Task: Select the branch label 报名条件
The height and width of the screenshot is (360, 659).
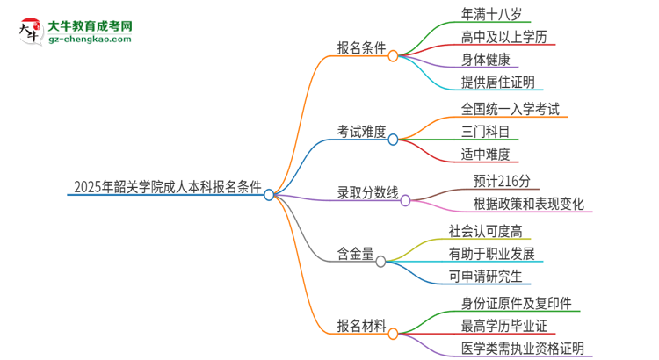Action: tap(361, 49)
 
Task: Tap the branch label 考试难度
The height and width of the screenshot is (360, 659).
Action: tap(361, 131)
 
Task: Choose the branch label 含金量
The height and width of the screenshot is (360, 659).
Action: tap(355, 254)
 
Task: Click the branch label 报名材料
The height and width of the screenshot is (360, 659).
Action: tap(361, 326)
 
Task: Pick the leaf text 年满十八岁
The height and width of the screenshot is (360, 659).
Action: tap(496, 13)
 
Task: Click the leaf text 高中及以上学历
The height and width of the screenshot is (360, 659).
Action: tap(508, 37)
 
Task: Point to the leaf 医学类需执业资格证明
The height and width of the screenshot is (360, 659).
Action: tap(522, 349)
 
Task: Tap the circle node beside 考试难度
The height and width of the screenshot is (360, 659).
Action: tap(394, 139)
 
